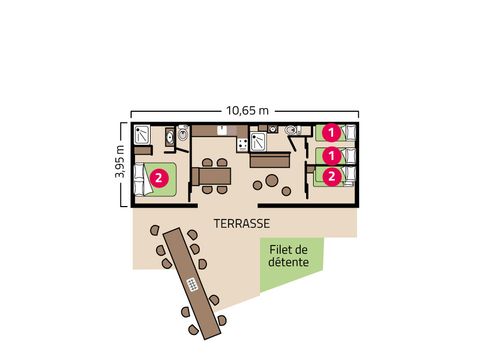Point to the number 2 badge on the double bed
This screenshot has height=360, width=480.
(x=160, y=179)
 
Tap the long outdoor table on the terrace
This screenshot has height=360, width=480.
(x=190, y=281)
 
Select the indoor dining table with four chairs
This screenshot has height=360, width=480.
(x=214, y=176)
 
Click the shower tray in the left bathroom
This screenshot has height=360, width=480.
(x=144, y=134)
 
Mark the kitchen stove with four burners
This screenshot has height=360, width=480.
(x=242, y=146)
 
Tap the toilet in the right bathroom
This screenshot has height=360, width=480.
(x=290, y=131)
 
